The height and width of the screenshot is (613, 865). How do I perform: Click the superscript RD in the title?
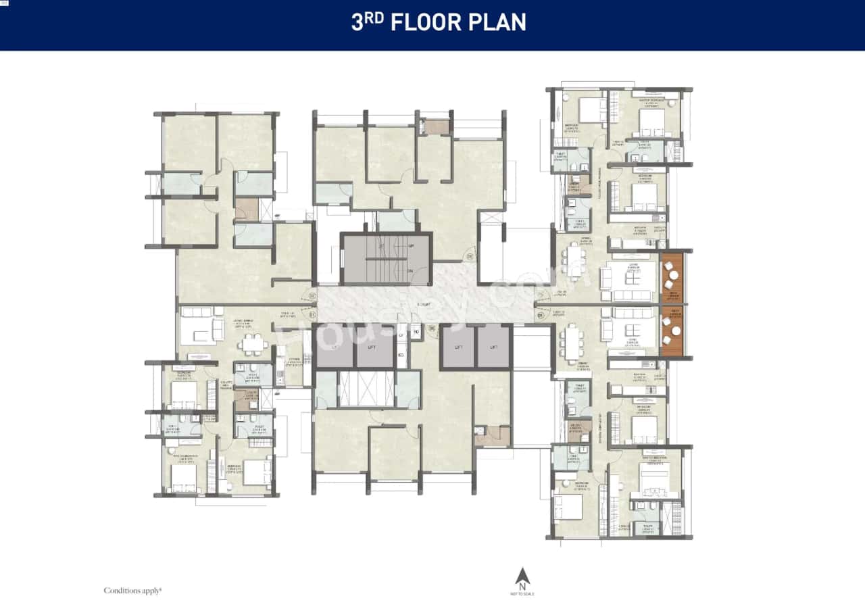click(376, 18)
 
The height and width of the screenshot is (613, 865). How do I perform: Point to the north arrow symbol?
click(522, 577)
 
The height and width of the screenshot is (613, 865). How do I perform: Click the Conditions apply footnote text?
click(132, 590)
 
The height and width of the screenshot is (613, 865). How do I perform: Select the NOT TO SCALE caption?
click(522, 593)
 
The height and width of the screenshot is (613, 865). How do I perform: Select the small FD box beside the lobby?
click(416, 333)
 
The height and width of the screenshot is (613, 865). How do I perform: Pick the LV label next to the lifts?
click(401, 335)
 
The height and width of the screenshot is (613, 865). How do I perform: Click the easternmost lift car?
click(493, 347)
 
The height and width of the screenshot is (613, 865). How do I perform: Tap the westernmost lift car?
click(335, 347)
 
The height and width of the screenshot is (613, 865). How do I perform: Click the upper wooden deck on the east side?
click(672, 276)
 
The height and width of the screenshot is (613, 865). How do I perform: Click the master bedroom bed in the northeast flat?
click(652, 122)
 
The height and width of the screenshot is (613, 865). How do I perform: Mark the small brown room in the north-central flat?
click(436, 126)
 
